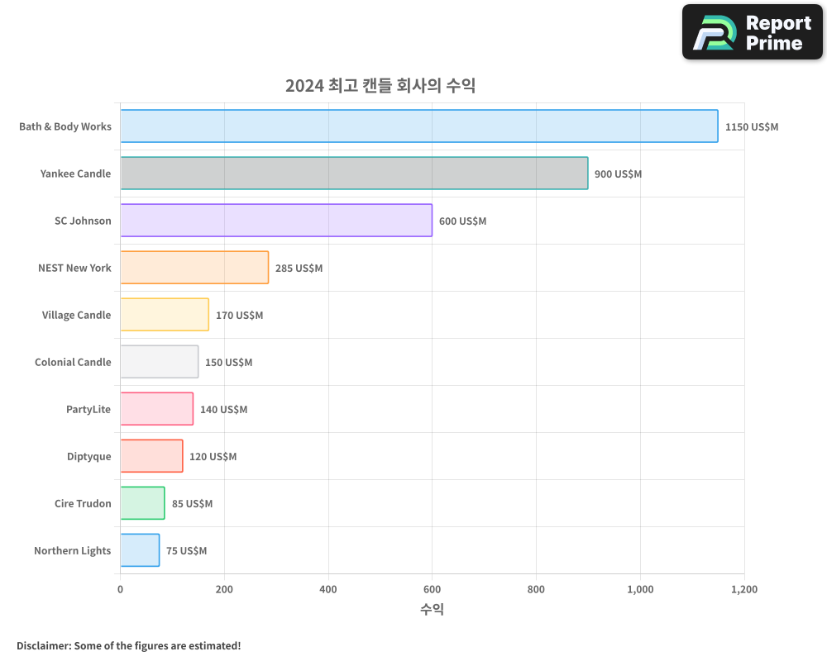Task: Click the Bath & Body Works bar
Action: [418, 126]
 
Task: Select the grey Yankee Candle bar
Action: [354, 174]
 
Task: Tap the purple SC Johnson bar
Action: [276, 221]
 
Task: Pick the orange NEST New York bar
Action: [194, 268]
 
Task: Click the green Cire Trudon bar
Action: [142, 503]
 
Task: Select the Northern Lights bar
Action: [140, 550]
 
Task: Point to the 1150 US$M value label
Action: [751, 127]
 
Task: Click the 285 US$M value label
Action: [299, 269]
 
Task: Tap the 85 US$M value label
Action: [192, 504]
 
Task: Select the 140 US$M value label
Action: [223, 410]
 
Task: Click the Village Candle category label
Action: [76, 315]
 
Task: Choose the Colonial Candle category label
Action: [73, 362]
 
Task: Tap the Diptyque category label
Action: [88, 456]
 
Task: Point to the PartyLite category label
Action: [88, 409]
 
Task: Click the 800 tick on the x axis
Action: [536, 589]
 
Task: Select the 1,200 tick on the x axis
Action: [743, 589]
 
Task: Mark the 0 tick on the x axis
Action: [121, 589]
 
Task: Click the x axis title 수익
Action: [432, 610]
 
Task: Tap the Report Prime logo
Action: [752, 32]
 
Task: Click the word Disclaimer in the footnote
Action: [42, 645]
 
